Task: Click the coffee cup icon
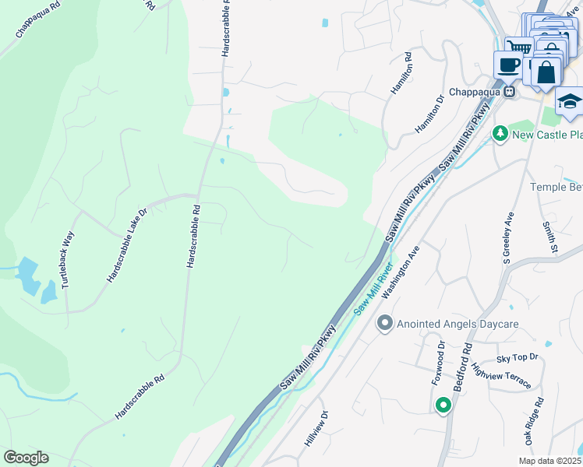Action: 508,65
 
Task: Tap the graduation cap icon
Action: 569,102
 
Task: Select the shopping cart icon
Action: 518,47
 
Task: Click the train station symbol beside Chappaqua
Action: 509,91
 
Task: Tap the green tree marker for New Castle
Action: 500,135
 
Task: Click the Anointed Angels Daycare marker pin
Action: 383,322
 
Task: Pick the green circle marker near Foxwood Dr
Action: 443,405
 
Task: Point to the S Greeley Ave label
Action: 507,238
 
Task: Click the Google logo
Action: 26,458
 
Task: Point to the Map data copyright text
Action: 549,461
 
